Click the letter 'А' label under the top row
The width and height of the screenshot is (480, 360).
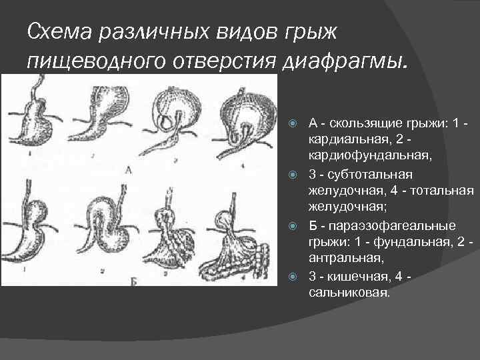tap(129, 170)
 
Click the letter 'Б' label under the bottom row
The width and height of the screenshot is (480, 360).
tap(133, 282)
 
